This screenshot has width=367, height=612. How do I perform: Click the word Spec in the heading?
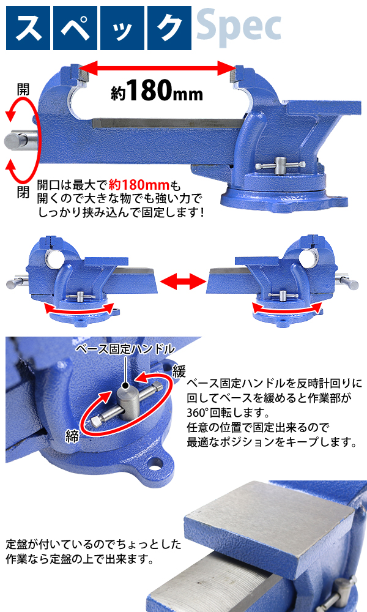(239, 28)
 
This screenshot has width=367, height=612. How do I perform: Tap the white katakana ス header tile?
(28, 28)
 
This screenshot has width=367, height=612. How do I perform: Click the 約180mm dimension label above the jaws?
(157, 91)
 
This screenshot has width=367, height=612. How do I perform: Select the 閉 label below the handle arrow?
(23, 192)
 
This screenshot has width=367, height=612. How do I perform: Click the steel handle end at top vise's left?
(20, 140)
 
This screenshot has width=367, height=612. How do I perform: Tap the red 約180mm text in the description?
(139, 185)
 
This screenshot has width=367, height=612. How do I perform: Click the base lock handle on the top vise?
(280, 166)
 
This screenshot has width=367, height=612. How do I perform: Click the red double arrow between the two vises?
(183, 281)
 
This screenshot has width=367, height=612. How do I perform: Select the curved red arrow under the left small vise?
(79, 309)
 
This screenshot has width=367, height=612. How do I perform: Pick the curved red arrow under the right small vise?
(286, 309)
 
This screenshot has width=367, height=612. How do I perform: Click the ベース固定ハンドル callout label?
(125, 349)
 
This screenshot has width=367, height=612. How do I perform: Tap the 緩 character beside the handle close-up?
(179, 371)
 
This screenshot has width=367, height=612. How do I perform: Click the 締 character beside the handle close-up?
(72, 436)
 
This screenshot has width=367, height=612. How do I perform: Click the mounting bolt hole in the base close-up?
(157, 465)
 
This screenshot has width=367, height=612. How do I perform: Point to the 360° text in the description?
(199, 412)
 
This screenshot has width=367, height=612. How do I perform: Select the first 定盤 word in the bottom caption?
(17, 544)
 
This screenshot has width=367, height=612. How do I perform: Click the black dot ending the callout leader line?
(125, 387)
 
